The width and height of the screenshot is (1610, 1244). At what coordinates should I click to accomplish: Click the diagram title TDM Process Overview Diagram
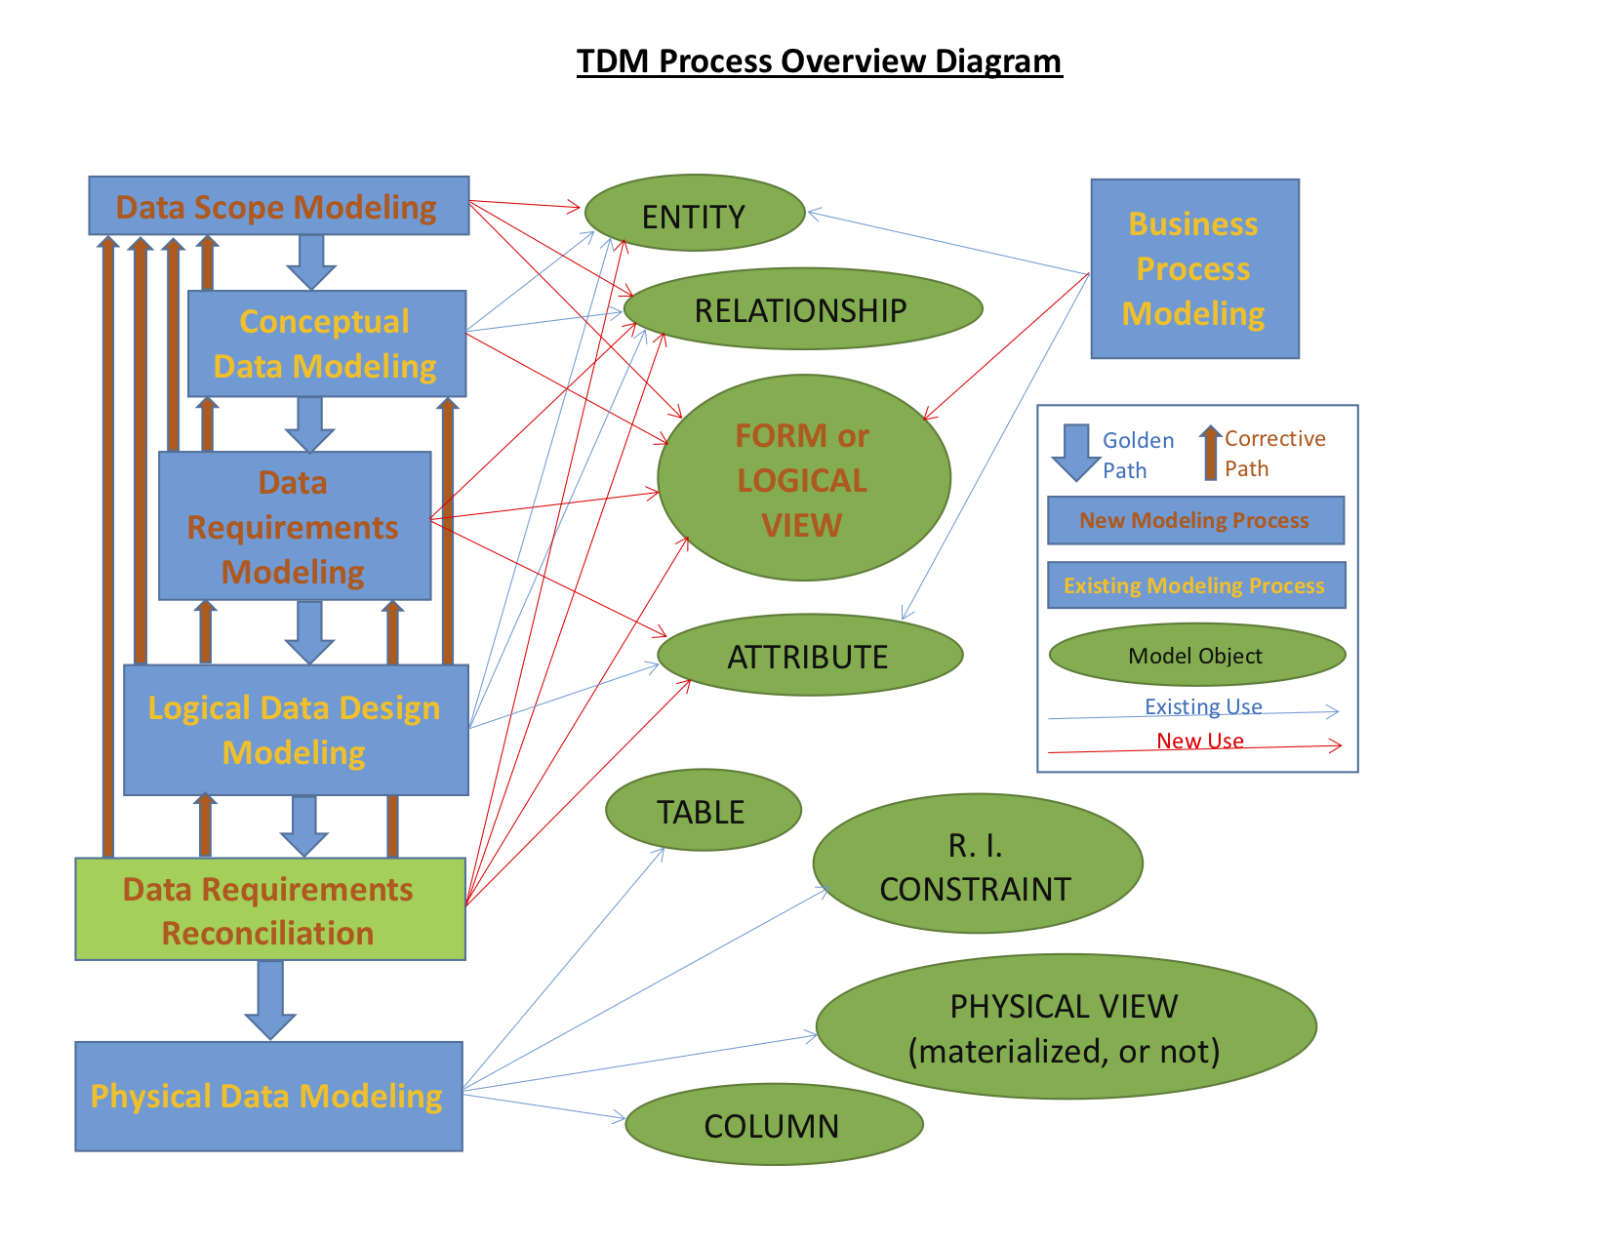pos(819,61)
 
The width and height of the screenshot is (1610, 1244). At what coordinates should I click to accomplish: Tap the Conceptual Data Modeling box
pos(326,343)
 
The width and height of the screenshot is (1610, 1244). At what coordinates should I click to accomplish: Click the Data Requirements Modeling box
pos(294,526)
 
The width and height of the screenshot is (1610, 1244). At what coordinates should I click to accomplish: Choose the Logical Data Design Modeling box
pos(295,730)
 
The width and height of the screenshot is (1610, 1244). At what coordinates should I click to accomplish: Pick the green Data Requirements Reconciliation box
pos(269,909)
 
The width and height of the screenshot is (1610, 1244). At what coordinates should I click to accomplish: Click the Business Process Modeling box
pos(1194,268)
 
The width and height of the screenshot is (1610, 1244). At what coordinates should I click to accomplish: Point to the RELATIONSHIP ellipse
pos(802,309)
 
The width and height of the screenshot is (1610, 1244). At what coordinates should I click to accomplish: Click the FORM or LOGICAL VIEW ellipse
pos(803,478)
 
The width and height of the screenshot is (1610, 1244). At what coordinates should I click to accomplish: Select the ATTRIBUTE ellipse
pos(809,656)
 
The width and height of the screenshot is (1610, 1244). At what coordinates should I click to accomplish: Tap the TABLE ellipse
pos(703,811)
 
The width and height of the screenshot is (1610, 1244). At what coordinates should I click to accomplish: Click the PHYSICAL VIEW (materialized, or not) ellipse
pos(1066,1027)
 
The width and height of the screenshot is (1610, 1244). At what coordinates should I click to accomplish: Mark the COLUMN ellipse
pos(773,1125)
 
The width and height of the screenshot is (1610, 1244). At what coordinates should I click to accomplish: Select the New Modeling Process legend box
pos(1195,520)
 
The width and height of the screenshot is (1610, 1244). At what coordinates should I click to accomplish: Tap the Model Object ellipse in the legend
pos(1196,656)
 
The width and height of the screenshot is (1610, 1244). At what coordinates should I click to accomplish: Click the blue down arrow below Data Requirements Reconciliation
pos(270,997)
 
